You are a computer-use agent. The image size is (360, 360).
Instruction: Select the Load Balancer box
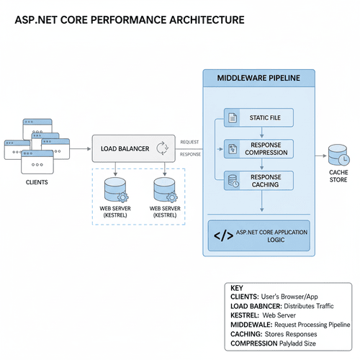pyautogui.click(x=133, y=149)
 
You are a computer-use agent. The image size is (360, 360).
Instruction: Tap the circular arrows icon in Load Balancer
pyautogui.click(x=162, y=149)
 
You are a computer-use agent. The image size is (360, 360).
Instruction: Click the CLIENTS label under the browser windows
pyautogui.click(x=32, y=183)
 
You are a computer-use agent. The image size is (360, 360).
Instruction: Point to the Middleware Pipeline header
pyautogui.click(x=259, y=78)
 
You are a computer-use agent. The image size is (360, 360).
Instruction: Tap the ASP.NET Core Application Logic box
pyautogui.click(x=259, y=235)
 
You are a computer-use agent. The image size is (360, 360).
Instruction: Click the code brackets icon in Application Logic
pyautogui.click(x=224, y=235)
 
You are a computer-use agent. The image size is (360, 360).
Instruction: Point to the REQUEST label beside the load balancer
pyautogui.click(x=190, y=143)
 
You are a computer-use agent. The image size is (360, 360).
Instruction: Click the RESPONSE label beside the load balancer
pyautogui.click(x=191, y=154)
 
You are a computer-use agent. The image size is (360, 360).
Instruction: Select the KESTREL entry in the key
pyautogui.click(x=247, y=315)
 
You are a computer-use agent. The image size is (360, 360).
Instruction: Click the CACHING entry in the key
pyautogui.click(x=247, y=333)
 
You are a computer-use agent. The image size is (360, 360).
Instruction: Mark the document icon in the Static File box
pyautogui.click(x=232, y=117)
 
